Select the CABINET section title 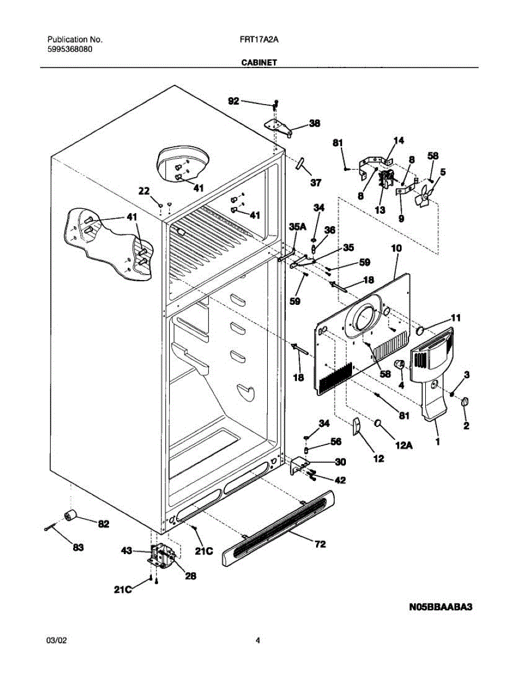tap(259, 63)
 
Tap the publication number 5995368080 tap(70, 49)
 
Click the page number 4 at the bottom tap(258, 640)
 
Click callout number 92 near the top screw tap(233, 101)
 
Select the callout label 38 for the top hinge tap(315, 123)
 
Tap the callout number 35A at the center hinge tap(298, 227)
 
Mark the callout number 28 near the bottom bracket tap(190, 576)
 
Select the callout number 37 tap(316, 183)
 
